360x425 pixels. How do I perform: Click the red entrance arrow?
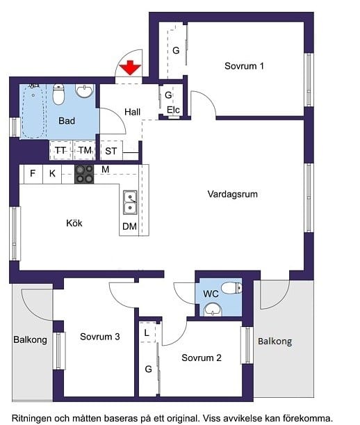click(130, 67)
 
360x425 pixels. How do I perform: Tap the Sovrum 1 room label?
click(244, 66)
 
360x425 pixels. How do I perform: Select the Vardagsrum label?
click(232, 194)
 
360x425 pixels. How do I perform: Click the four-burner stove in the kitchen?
click(84, 175)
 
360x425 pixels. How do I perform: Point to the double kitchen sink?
click(130, 202)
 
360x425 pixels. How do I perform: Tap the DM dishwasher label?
click(129, 226)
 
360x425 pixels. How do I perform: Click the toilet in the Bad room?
click(58, 94)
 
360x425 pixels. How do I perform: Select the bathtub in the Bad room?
click(33, 111)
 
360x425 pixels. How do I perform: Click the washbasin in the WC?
click(213, 310)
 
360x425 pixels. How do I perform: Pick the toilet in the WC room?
click(231, 287)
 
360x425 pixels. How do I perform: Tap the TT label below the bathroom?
click(60, 150)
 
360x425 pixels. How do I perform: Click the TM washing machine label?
click(85, 150)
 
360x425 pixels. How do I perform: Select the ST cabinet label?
click(111, 151)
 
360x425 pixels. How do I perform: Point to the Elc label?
click(173, 110)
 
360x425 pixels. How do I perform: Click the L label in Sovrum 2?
click(147, 333)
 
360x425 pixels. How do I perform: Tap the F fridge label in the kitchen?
click(33, 173)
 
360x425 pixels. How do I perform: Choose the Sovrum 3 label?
click(99, 337)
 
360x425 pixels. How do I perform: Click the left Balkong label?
click(30, 340)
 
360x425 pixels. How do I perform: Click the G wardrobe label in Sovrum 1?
click(176, 50)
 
